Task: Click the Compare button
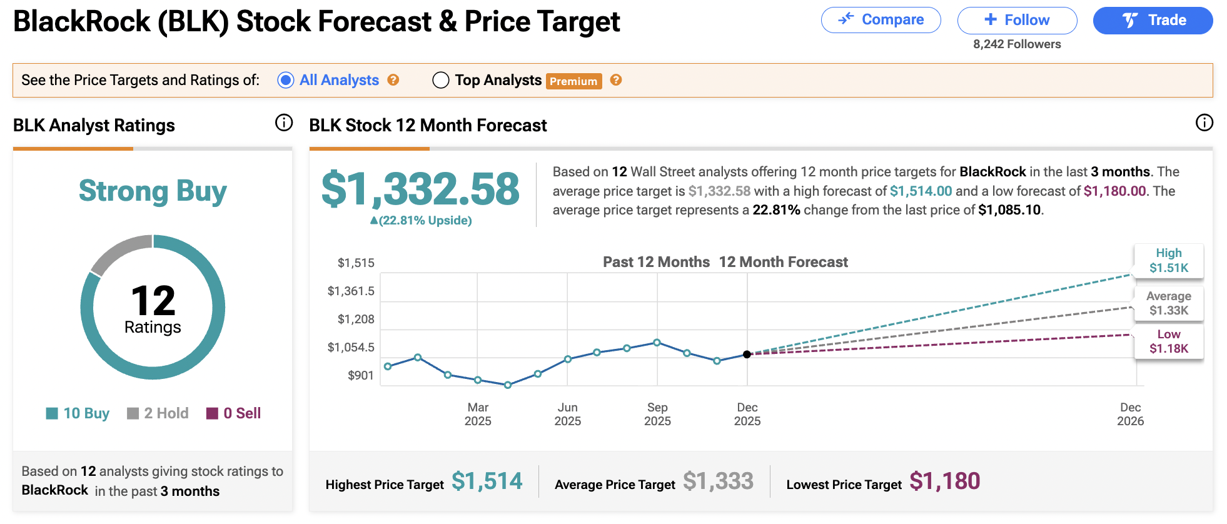[881, 20]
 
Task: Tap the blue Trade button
[1153, 20]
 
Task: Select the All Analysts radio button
[286, 80]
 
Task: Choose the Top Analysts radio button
[441, 80]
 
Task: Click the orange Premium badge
[573, 81]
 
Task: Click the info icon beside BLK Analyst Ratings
[284, 123]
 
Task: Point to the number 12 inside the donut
[153, 301]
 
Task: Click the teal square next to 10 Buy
[52, 413]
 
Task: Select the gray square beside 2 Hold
[133, 413]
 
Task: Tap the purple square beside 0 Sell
[212, 413]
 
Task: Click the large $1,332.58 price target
[420, 189]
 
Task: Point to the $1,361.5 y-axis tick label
[351, 291]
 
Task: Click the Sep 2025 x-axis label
[657, 414]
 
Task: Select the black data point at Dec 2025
[747, 355]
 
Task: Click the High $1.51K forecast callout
[1168, 261]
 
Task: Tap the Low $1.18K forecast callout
[1168, 341]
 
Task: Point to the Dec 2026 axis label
[1130, 414]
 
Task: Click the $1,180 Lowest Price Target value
[944, 481]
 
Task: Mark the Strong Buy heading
[153, 191]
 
